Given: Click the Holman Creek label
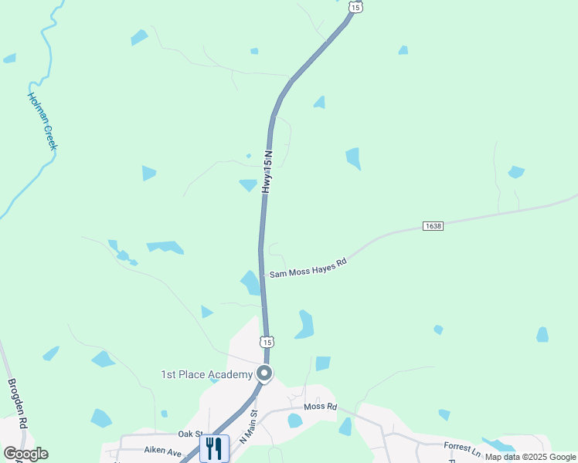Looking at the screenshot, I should tap(43, 121).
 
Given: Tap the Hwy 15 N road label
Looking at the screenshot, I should tap(267, 171).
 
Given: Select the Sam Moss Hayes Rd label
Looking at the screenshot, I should tap(308, 269).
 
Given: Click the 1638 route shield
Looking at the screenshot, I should tap(433, 226).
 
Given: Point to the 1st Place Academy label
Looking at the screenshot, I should tap(206, 375).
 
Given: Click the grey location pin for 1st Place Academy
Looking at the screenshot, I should tap(264, 374).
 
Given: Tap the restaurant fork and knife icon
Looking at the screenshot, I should tap(214, 447).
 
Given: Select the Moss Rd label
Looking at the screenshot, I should tap(321, 407).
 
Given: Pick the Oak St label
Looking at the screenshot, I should tap(189, 434).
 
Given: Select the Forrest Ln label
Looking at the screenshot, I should tap(462, 446).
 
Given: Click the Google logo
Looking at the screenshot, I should tap(25, 454).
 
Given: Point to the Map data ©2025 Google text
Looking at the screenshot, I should tap(530, 457).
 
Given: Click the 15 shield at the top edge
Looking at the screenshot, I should tap(355, 6).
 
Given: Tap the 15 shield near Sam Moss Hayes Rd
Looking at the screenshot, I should tap(267, 341).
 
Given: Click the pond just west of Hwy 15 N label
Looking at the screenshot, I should tap(248, 184).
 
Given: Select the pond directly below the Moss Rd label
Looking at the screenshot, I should tap(294, 421).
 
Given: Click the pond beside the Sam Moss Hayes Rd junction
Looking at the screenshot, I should tap(250, 283).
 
